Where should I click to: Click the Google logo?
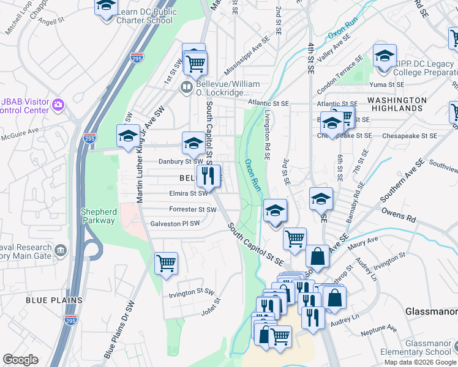coord(20,360)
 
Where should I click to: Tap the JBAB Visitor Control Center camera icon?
coord(58,104)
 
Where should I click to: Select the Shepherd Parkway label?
coord(99,216)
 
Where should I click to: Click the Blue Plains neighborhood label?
coord(54,300)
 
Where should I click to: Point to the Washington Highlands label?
coord(397,104)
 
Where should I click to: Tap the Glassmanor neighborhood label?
coord(431,311)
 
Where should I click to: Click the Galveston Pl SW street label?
coord(175,224)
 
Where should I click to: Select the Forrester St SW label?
coord(193,209)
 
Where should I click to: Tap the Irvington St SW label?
coord(191,294)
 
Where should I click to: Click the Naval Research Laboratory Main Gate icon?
coord(61,250)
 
